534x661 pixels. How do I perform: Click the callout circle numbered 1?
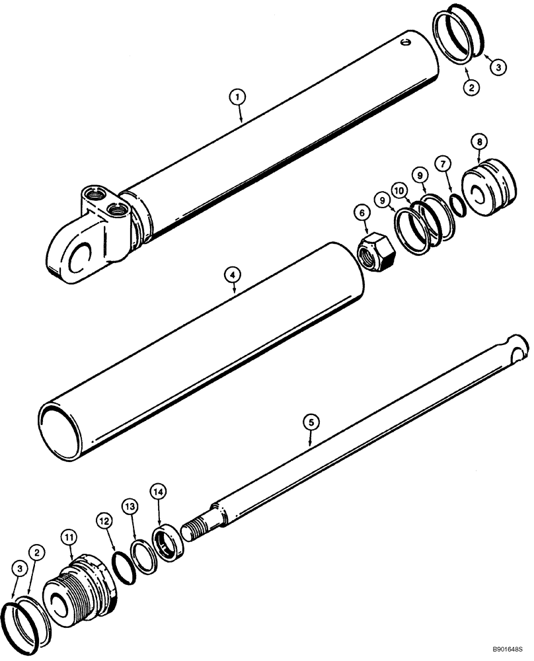pyautogui.click(x=238, y=97)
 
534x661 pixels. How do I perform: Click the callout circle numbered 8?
pyautogui.click(x=479, y=141)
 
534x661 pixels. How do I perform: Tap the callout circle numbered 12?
pyautogui.click(x=104, y=521)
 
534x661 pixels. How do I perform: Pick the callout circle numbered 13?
pyautogui.click(x=132, y=507)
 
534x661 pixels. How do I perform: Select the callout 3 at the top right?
pyautogui.click(x=496, y=66)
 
